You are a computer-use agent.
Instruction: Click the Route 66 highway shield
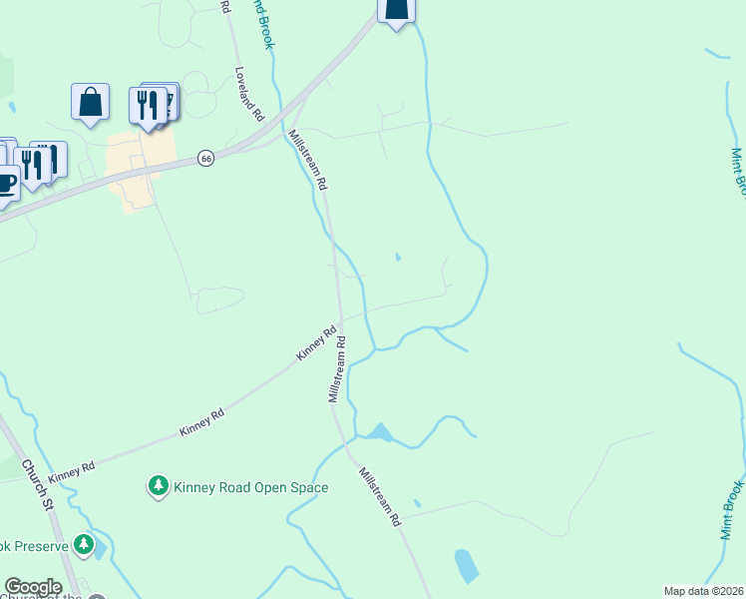tap(205, 159)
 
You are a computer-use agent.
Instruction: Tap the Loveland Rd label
tap(248, 95)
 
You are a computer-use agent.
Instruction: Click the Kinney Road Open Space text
tap(250, 488)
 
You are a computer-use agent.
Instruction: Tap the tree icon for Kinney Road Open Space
tap(158, 486)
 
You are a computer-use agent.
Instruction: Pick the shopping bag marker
tap(90, 102)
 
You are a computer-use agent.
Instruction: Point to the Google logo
tap(33, 587)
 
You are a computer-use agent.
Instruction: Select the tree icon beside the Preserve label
tap(87, 545)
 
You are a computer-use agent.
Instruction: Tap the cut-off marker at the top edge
tap(396, 11)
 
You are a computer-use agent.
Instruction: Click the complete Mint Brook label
tap(733, 510)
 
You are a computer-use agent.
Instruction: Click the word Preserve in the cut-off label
tap(38, 545)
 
